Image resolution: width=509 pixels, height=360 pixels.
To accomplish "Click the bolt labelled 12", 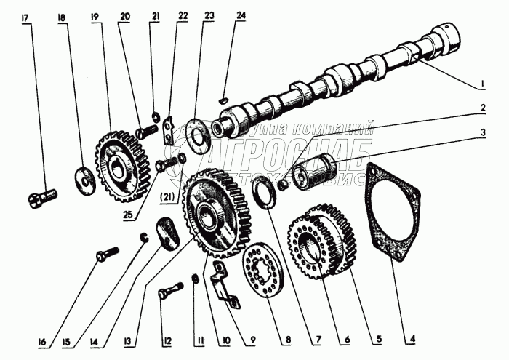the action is (x=168, y=294).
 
